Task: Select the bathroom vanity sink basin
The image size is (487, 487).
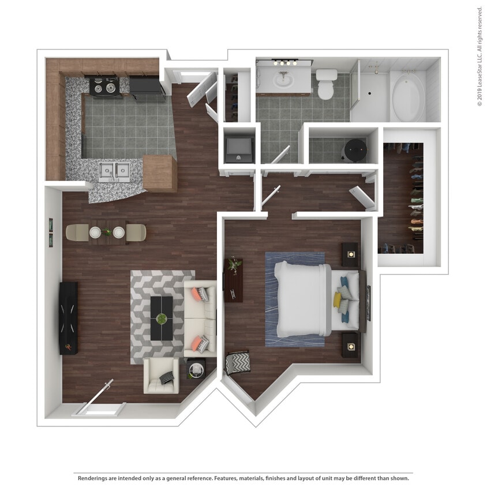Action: click(283, 81)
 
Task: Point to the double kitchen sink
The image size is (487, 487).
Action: click(114, 171)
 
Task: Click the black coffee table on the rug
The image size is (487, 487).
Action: click(162, 318)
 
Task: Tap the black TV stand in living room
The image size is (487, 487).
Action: click(68, 317)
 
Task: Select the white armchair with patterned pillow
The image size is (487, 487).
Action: click(161, 376)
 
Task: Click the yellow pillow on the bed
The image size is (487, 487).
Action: click(337, 299)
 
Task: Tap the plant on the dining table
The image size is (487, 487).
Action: click(107, 232)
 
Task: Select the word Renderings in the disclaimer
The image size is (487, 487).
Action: click(95, 478)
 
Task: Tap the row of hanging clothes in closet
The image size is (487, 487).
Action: click(416, 199)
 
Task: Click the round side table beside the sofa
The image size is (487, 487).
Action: click(196, 368)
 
